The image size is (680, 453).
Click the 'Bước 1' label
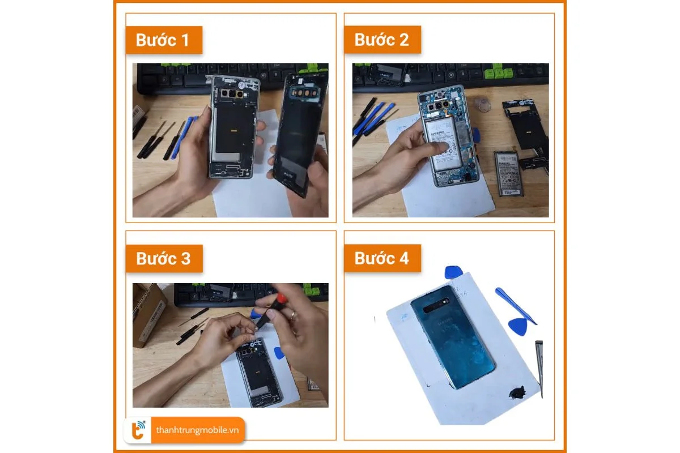(163, 40)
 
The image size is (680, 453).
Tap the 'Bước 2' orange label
(382, 40)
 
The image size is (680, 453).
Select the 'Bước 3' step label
(163, 258)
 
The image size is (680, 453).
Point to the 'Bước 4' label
(382, 258)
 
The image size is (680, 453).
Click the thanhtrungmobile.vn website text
(197, 431)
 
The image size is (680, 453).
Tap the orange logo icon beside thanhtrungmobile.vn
(138, 431)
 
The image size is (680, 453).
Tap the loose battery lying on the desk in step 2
(508, 173)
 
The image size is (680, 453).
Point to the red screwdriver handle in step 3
(279, 300)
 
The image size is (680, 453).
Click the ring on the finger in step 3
(293, 315)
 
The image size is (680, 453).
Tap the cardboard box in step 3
(148, 314)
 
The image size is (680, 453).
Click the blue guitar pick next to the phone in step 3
(279, 353)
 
